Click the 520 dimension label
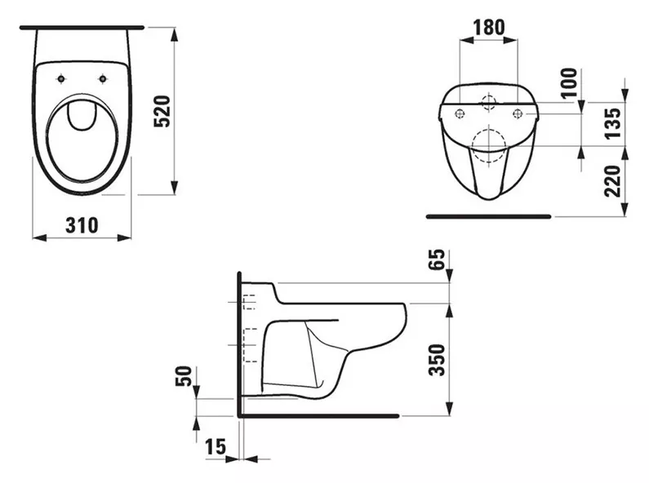[162, 111]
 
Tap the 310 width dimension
[82, 225]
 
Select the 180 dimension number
[489, 27]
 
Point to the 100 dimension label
[570, 82]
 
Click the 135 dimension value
[613, 124]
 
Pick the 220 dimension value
[613, 180]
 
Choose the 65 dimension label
[437, 259]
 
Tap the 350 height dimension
[437, 360]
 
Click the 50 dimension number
[184, 376]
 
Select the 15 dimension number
[216, 446]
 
